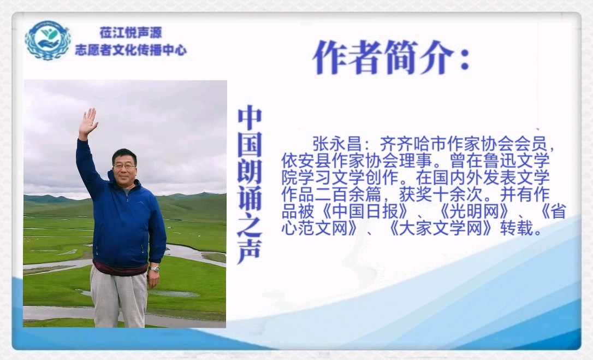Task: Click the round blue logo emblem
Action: (x=48, y=40)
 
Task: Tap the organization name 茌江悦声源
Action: (x=131, y=33)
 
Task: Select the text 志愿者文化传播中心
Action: (x=131, y=50)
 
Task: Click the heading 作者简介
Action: (x=384, y=57)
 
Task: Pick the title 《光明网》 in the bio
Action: (x=475, y=211)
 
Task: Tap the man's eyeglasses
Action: (x=123, y=166)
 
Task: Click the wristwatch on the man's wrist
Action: (x=154, y=269)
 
